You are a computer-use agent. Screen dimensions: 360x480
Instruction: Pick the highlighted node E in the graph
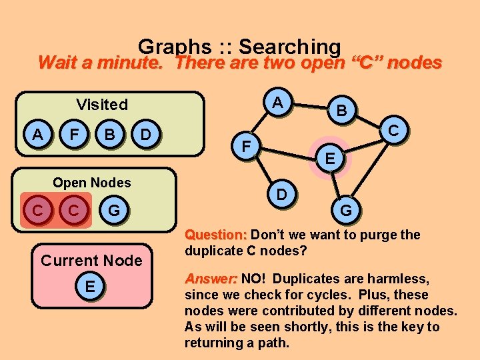tap(329, 157)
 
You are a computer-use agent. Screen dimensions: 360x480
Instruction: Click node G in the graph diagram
tap(347, 211)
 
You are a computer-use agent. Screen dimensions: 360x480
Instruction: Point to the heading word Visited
tap(102, 104)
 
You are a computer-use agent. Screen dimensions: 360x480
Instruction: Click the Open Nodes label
tap(92, 182)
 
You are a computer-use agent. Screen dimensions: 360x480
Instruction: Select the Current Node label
tap(91, 260)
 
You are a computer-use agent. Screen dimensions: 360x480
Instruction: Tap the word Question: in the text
tap(216, 235)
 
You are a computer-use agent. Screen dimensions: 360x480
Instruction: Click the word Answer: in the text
tap(211, 279)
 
